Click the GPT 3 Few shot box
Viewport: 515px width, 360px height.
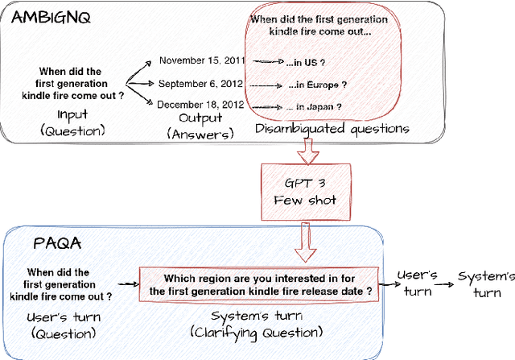pyautogui.click(x=299, y=189)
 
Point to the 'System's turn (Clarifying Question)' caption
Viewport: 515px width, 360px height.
pyautogui.click(x=257, y=323)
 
